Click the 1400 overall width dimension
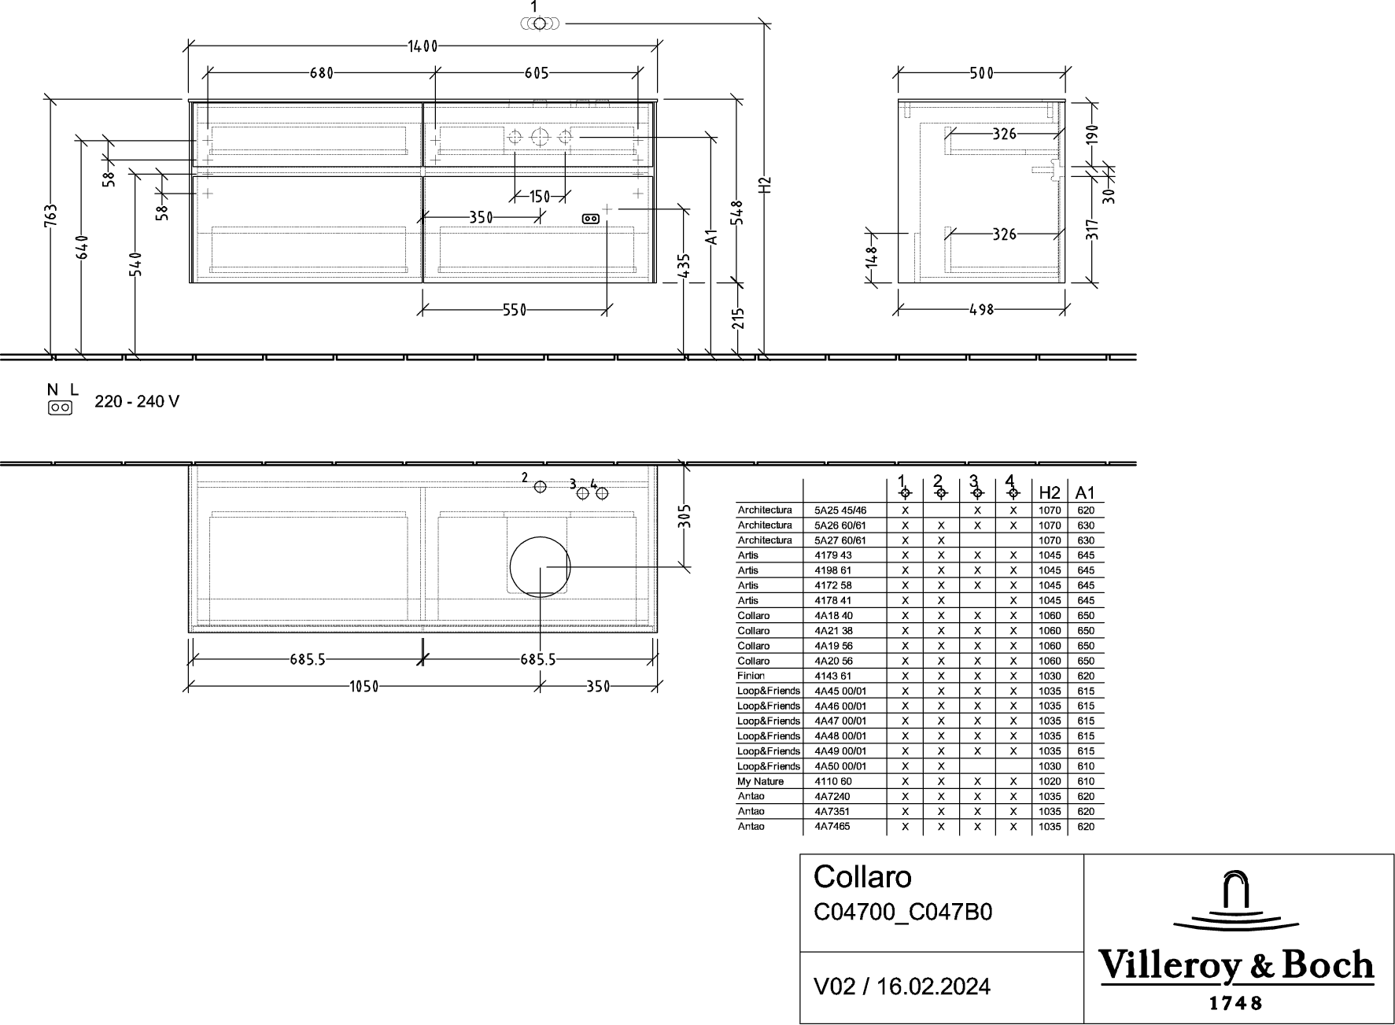click(x=423, y=46)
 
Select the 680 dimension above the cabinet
click(x=321, y=73)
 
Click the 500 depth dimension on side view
click(x=981, y=73)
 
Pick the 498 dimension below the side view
click(x=981, y=309)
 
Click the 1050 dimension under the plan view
click(x=364, y=687)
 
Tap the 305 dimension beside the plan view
click(x=685, y=516)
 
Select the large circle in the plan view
click(x=540, y=567)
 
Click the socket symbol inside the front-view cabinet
click(x=590, y=219)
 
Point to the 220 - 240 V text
click(x=137, y=402)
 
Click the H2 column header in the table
click(x=1050, y=492)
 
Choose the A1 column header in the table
click(x=1085, y=492)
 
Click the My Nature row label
click(x=760, y=781)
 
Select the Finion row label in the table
click(x=751, y=676)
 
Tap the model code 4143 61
click(x=833, y=676)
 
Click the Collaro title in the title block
click(x=862, y=876)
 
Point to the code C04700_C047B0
click(x=902, y=912)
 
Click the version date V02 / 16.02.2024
click(x=902, y=986)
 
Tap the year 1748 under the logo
click(x=1234, y=1003)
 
